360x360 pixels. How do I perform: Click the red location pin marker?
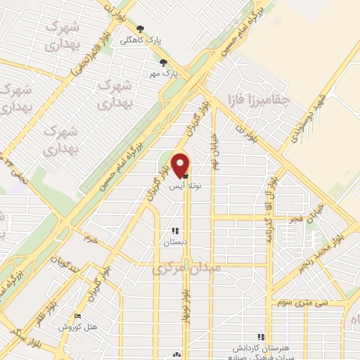click(x=181, y=165)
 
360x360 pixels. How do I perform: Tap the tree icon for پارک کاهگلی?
click(x=140, y=29)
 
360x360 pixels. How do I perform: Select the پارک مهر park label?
click(x=167, y=72)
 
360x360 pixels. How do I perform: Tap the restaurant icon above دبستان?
click(x=174, y=231)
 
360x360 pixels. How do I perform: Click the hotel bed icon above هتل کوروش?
click(x=78, y=317)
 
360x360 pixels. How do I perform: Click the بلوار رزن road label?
click(x=242, y=130)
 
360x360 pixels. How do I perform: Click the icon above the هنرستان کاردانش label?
click(x=262, y=337)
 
